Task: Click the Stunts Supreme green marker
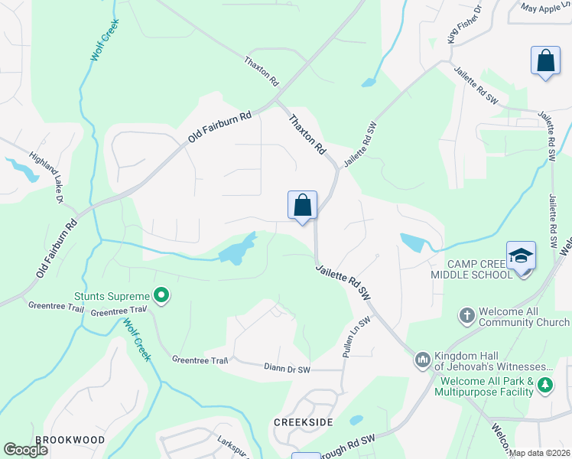click(161, 295)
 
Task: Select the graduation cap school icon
click(521, 256)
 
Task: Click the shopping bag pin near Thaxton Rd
click(302, 205)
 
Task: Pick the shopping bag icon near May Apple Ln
click(545, 60)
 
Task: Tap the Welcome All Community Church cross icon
click(466, 314)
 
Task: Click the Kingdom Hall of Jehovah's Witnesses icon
click(423, 360)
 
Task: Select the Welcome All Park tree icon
click(544, 385)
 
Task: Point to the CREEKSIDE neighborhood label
click(304, 422)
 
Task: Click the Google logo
click(26, 450)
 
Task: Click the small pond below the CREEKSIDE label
click(356, 420)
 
